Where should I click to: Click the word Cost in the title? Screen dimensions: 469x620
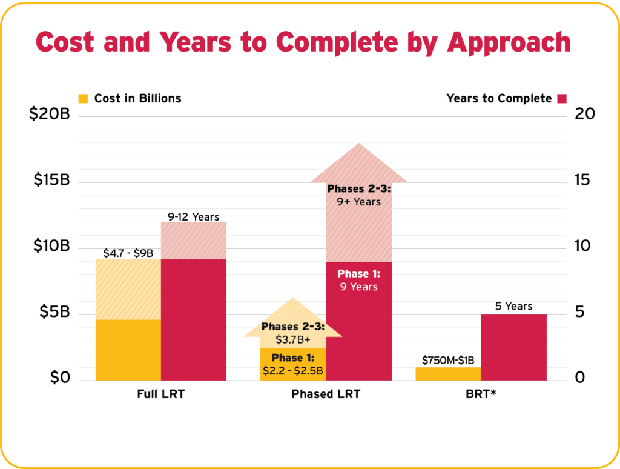click(64, 42)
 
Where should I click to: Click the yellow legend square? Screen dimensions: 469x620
click(84, 99)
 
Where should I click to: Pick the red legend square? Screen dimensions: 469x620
click(562, 99)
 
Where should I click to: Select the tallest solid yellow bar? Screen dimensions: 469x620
click(128, 350)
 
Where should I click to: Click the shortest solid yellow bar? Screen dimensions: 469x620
click(447, 373)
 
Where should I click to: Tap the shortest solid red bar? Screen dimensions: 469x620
click(513, 347)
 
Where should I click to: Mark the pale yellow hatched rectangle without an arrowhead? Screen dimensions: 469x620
click(128, 289)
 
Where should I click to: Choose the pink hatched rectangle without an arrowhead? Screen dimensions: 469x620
click(194, 240)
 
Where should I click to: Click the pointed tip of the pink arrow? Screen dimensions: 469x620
click(359, 145)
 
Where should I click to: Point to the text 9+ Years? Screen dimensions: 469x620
click(359, 201)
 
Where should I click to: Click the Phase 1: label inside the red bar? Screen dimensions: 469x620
click(358, 274)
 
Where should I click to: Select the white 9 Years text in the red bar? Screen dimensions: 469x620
click(358, 287)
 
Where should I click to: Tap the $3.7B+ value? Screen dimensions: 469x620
click(292, 339)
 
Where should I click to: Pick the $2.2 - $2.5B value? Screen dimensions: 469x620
click(292, 369)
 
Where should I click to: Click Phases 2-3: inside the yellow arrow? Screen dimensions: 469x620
click(292, 327)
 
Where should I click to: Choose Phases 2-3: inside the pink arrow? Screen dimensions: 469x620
click(359, 189)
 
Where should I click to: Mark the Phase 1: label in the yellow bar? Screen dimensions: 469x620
click(292, 358)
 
